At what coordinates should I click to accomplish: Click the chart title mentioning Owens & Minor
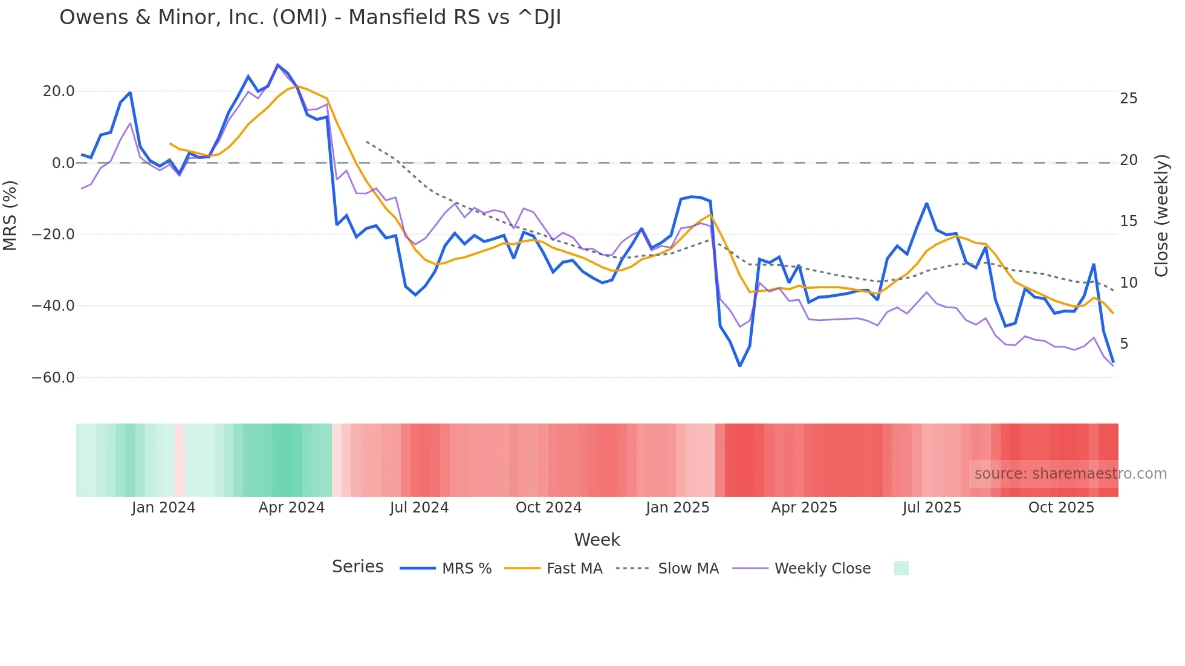310,18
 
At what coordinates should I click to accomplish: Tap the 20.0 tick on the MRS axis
59,91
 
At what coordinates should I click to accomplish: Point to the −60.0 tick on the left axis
53,378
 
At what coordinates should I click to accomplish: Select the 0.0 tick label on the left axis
63,163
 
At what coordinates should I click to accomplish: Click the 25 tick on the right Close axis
1128,99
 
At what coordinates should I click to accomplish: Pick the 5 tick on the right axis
1124,344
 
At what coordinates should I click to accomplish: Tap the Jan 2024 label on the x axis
163,508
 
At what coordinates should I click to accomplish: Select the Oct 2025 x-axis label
1061,508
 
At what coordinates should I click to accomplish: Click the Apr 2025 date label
804,508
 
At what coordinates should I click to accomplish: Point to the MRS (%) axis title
10,215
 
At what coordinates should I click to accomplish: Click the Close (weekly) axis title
1161,216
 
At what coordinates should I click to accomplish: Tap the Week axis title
597,540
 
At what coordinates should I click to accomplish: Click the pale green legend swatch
901,568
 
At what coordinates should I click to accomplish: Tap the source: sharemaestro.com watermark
1070,474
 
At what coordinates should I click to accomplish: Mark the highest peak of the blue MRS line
278,65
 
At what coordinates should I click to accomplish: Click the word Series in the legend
357,567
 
